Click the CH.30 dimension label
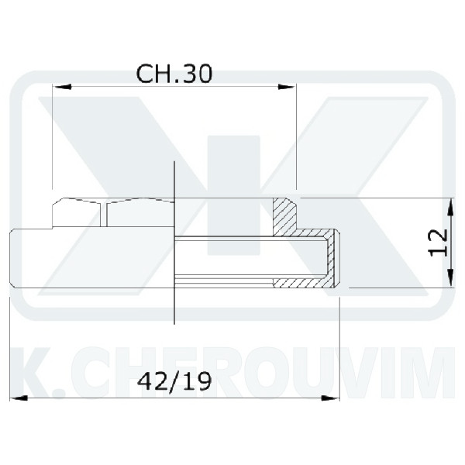(x=174, y=74)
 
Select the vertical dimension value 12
(x=439, y=243)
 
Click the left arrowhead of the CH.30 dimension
(x=62, y=87)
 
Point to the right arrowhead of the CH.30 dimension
(x=287, y=87)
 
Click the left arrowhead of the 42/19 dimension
(x=19, y=398)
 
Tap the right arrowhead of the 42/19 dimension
(x=330, y=398)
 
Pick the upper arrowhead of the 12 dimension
(x=450, y=208)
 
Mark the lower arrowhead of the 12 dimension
(x=450, y=277)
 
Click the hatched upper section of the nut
(x=284, y=217)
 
